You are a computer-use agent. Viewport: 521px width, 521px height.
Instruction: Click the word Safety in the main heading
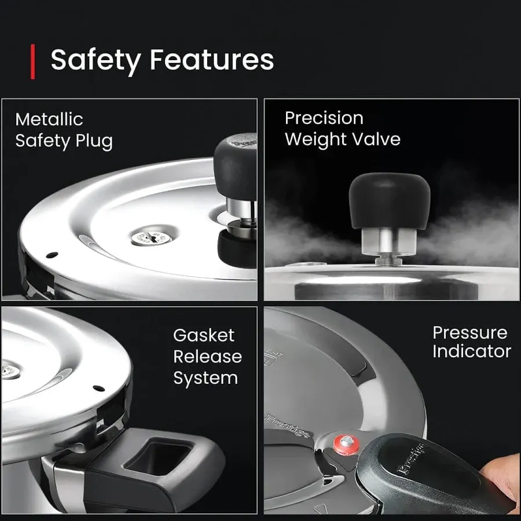pyautogui.click(x=95, y=60)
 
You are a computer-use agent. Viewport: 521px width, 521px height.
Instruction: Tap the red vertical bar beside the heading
pyautogui.click(x=33, y=60)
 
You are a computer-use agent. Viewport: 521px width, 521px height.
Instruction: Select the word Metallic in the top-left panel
pyautogui.click(x=49, y=119)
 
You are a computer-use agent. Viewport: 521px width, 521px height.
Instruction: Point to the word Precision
pyautogui.click(x=324, y=118)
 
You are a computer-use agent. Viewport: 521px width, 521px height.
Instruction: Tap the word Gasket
pyautogui.click(x=204, y=335)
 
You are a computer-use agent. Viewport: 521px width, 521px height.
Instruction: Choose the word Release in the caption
pyautogui.click(x=207, y=357)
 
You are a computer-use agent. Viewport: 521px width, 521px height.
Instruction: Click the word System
pyautogui.click(x=206, y=378)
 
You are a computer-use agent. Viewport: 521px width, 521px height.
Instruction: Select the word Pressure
pyautogui.click(x=469, y=332)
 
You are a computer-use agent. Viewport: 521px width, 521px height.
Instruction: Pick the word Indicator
pyautogui.click(x=471, y=351)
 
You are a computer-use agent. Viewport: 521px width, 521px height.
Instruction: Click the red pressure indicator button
pyautogui.click(x=346, y=444)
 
